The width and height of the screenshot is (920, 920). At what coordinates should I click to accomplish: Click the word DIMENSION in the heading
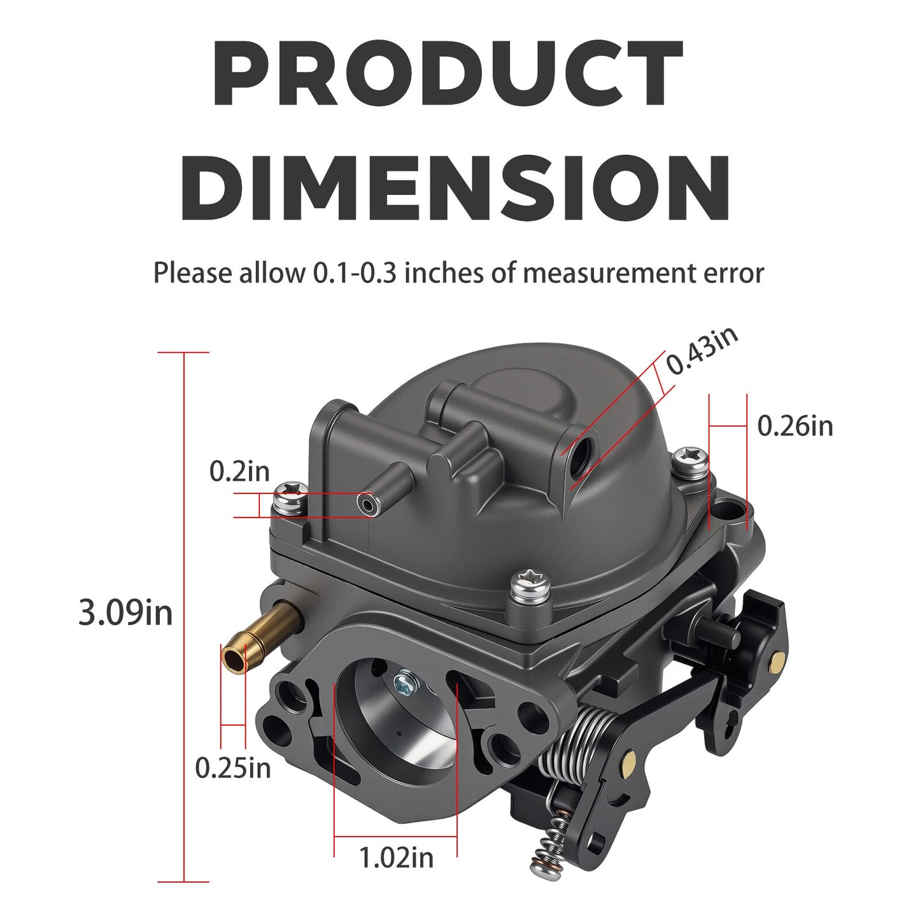[x=456, y=181]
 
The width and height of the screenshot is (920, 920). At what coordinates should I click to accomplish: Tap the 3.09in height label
[x=125, y=612]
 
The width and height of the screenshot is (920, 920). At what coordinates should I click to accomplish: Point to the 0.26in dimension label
[x=795, y=425]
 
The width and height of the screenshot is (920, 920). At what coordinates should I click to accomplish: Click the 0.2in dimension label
[x=239, y=472]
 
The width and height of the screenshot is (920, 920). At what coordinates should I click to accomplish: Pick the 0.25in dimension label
[x=232, y=767]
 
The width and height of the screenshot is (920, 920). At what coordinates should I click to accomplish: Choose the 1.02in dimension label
[x=396, y=857]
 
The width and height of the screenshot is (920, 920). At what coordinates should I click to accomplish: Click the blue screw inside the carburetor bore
[x=405, y=684]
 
